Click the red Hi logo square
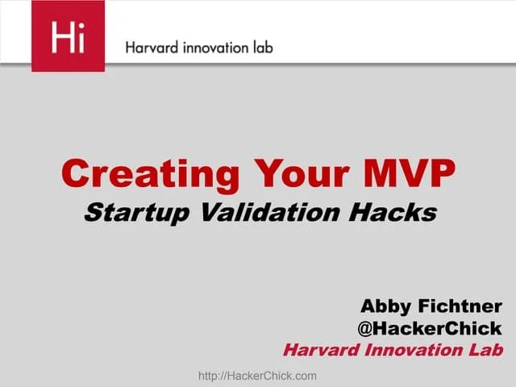68,36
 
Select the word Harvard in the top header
151,47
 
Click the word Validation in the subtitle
281,212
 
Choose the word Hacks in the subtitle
396,212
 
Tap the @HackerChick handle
429,328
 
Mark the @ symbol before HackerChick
365,329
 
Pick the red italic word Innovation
414,350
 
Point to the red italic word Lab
486,350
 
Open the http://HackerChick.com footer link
257,376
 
